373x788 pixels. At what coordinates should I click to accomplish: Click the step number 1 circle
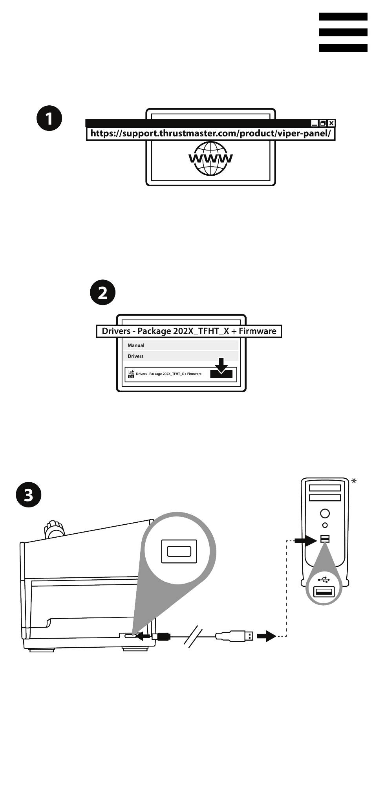49,118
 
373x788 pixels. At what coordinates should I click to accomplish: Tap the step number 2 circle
102,292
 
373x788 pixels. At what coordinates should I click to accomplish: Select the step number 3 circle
29,495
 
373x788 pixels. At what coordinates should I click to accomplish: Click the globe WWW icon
210,158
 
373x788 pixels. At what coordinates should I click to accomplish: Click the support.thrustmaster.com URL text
210,134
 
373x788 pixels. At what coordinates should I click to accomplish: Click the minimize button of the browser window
314,123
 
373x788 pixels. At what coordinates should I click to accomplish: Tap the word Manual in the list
136,345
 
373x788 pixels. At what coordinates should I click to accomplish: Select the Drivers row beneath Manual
135,356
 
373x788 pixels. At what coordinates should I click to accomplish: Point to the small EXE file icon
131,374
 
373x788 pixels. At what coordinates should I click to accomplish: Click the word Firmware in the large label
257,331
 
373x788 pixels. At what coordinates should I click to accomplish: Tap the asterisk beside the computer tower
354,481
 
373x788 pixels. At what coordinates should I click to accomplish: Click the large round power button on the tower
325,513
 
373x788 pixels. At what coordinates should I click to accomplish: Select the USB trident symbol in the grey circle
324,580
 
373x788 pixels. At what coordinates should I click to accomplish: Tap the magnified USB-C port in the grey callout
179,551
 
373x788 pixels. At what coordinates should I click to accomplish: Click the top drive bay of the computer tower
325,488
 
